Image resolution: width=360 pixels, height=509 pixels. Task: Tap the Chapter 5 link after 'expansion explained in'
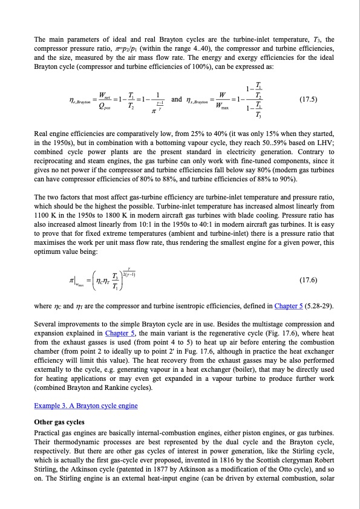pyautogui.click(x=122, y=332)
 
